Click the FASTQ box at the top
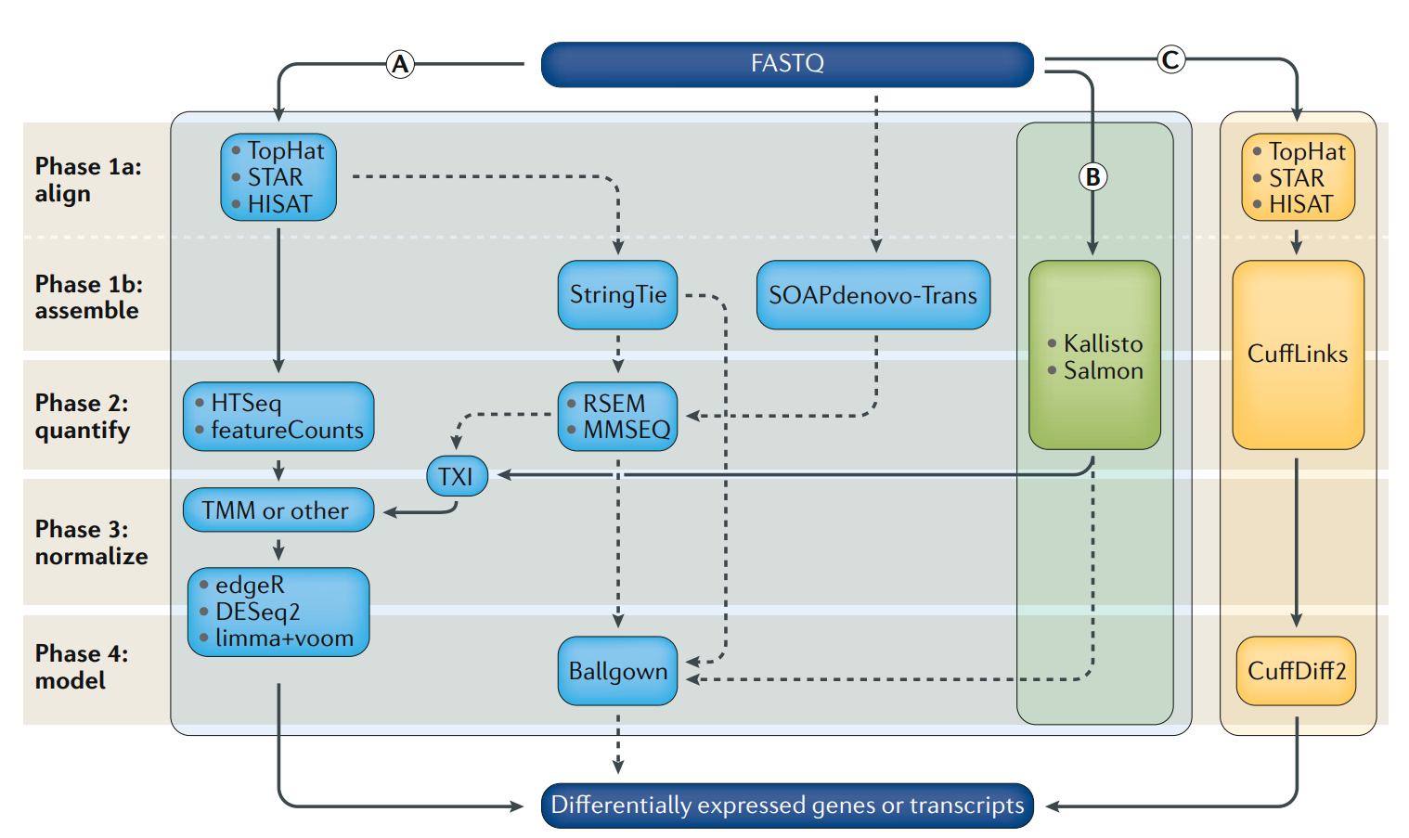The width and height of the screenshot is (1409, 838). coord(787,64)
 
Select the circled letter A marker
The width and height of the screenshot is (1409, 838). coord(400,64)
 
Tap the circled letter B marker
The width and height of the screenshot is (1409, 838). coord(1092,176)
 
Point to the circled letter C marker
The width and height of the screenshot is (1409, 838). coord(1170,60)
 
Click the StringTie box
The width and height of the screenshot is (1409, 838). coord(617,295)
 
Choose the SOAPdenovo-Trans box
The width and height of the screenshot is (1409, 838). coord(873,295)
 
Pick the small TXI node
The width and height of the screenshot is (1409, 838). coord(457,477)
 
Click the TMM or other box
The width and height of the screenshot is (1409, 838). coord(278,510)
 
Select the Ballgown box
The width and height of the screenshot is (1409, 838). coord(617,671)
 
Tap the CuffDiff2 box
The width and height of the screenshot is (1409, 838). coord(1296,671)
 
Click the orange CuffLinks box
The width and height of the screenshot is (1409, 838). coord(1298,355)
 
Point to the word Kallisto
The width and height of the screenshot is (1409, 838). coord(1103,344)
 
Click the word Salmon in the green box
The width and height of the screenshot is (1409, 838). coord(1103,371)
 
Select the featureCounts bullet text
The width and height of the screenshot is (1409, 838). coord(287,431)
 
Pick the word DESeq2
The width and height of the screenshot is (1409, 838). coord(257,612)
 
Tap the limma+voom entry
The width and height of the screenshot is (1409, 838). coord(284,638)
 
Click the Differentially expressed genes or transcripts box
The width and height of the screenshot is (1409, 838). coord(787,806)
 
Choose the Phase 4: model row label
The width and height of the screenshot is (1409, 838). coord(82,667)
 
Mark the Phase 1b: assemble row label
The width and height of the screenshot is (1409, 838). coord(89,297)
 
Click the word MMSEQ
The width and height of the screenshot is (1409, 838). coord(627,431)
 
